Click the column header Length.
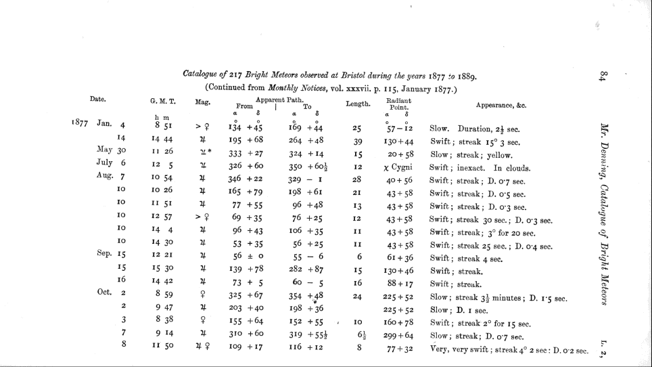click(358, 104)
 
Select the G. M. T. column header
click(163, 102)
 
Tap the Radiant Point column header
click(400, 104)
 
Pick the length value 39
click(358, 142)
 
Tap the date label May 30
click(112, 150)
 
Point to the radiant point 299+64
click(400, 336)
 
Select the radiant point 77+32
click(400, 349)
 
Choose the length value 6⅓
click(360, 336)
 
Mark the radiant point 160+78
click(400, 322)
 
